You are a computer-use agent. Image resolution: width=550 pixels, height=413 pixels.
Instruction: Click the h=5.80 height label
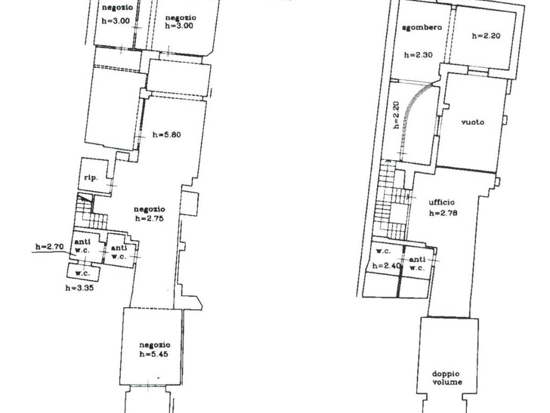click(x=167, y=134)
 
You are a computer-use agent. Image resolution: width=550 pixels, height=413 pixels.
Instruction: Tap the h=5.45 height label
click(x=154, y=354)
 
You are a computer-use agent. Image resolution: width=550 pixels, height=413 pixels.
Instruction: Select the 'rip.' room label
click(x=91, y=177)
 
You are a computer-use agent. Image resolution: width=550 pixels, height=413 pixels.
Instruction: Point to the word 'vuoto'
click(x=473, y=122)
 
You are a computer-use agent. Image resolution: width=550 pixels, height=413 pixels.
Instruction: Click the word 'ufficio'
click(x=442, y=202)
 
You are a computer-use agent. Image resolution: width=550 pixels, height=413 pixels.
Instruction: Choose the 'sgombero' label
click(x=422, y=27)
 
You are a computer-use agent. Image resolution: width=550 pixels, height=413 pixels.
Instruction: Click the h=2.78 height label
click(x=443, y=213)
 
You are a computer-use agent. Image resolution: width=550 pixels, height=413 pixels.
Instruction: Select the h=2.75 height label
click(x=149, y=218)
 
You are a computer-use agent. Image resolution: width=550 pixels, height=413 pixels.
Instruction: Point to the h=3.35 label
click(x=79, y=288)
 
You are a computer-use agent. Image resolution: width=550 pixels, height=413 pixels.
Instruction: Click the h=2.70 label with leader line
click(x=49, y=246)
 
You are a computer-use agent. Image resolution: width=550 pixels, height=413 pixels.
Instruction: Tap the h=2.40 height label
click(x=386, y=266)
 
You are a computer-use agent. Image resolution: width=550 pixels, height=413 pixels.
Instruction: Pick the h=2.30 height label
click(x=418, y=55)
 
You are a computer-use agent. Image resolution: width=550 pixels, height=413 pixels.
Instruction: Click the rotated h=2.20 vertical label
click(x=396, y=115)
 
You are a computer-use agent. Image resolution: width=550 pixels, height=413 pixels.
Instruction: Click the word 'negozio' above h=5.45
click(x=155, y=345)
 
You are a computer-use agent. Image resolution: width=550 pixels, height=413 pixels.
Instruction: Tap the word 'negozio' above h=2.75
click(x=149, y=210)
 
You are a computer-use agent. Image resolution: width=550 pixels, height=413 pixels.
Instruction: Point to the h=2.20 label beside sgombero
click(x=486, y=35)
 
